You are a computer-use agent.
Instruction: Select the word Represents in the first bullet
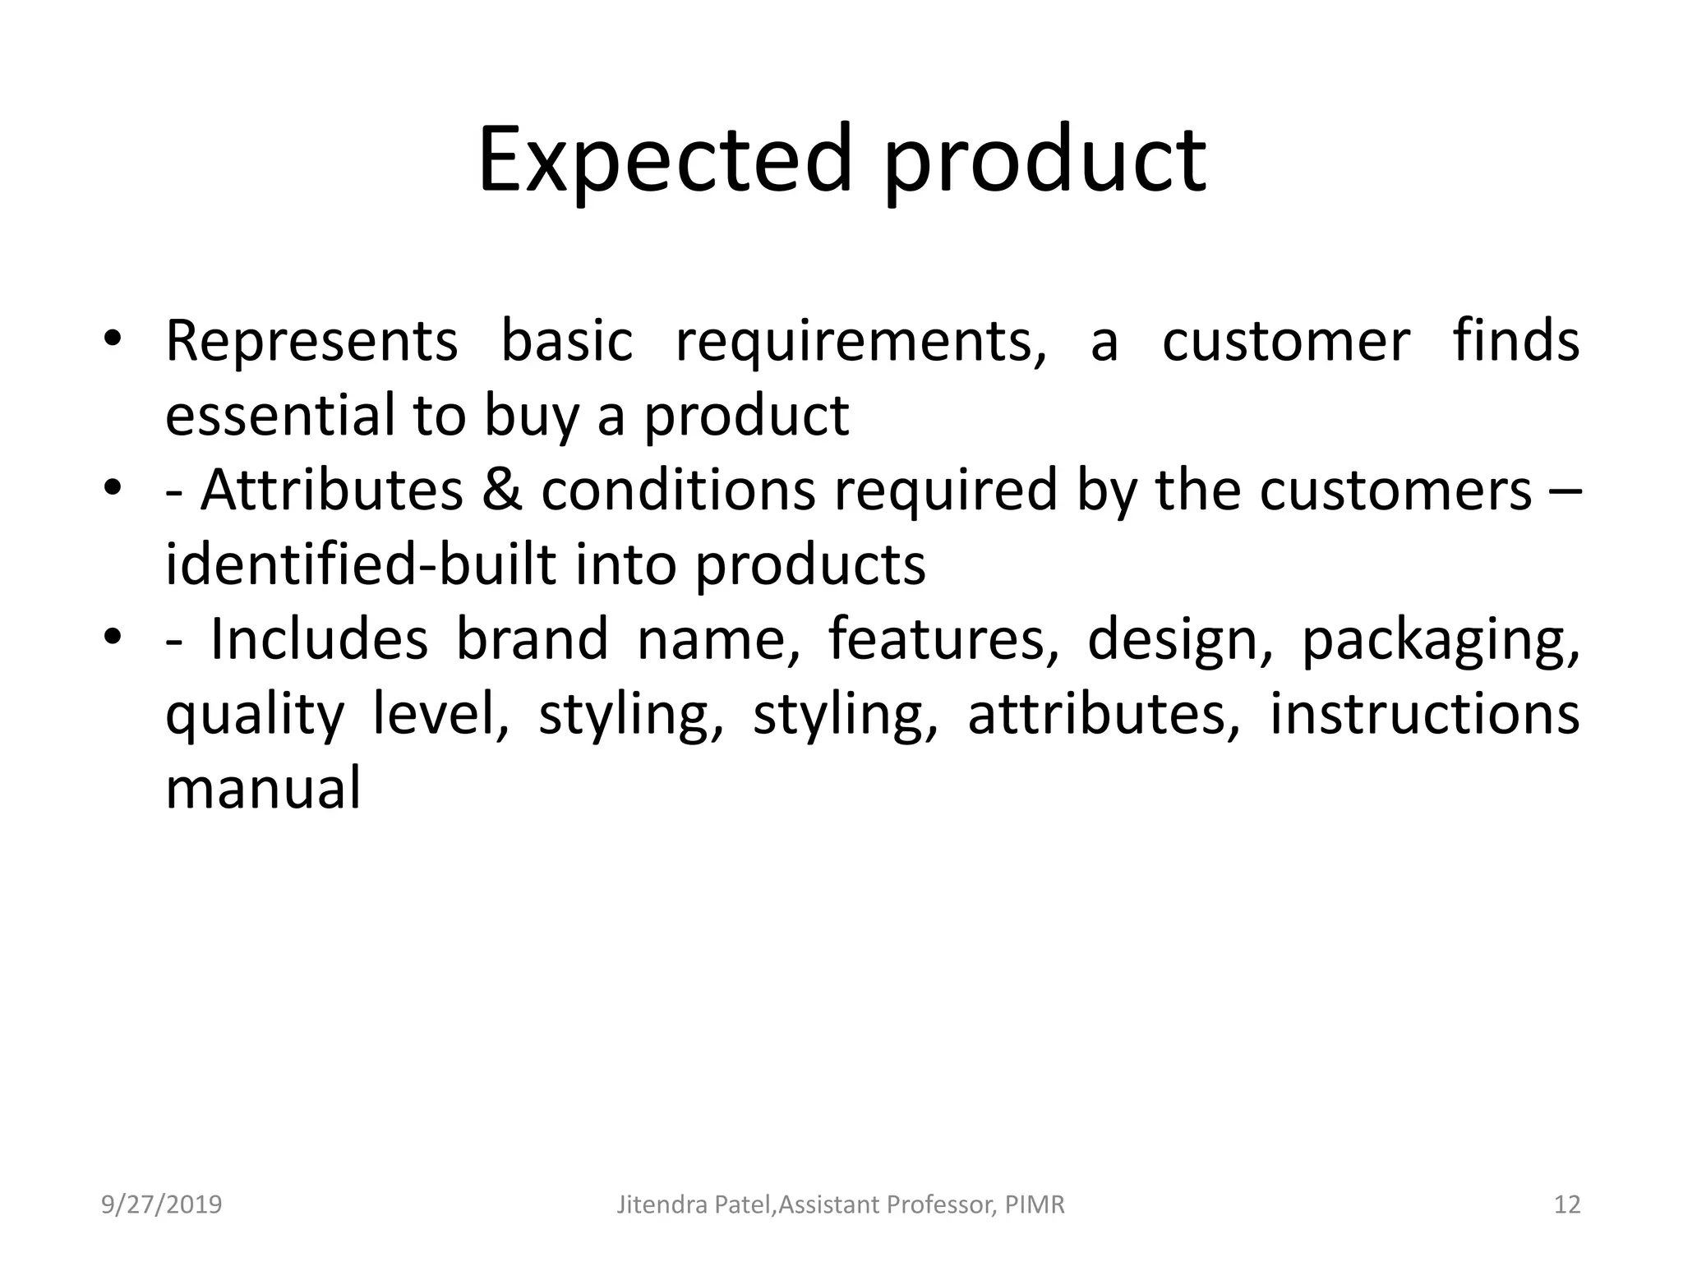coord(311,341)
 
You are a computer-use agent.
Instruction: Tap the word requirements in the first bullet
coord(860,341)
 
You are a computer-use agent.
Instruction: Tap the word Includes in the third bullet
coord(319,638)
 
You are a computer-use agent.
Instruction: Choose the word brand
coord(532,638)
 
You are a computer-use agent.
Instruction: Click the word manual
coord(263,788)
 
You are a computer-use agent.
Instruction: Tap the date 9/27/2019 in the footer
coord(162,1204)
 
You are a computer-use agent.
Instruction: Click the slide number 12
coord(1567,1204)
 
